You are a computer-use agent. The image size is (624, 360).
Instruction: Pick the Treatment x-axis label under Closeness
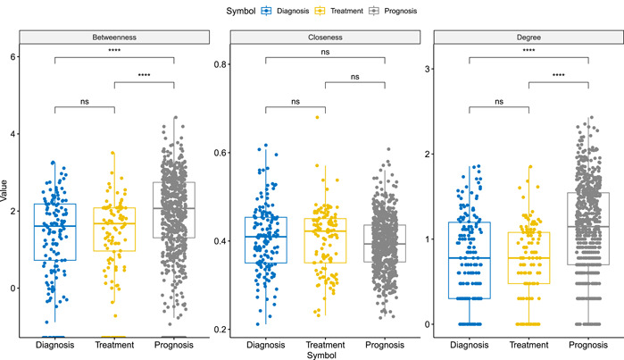pos(324,344)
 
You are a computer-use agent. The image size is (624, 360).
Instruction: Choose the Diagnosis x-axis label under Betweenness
pos(55,344)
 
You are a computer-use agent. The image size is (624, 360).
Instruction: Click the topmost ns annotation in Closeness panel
pos(324,51)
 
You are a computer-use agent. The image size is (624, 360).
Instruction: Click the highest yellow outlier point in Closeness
pos(315,117)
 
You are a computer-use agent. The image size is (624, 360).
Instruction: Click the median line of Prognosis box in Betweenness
pos(174,208)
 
